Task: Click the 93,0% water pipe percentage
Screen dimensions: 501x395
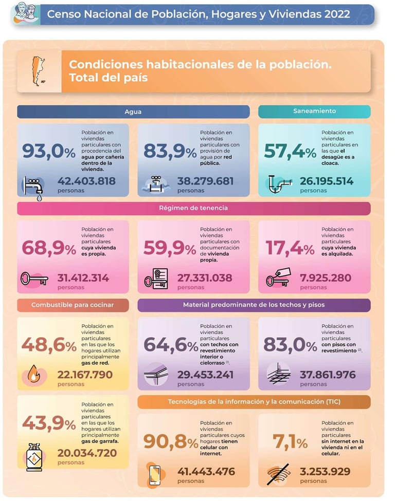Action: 49,151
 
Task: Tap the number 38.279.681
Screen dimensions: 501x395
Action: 205,181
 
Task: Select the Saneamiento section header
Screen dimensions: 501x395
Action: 314,111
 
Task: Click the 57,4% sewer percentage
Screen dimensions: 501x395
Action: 290,151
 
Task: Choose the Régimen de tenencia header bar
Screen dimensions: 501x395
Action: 193,208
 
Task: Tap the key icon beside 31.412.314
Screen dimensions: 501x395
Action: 34,279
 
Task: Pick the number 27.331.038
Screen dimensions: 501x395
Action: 205,278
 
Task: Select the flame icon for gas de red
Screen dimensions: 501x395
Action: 33,376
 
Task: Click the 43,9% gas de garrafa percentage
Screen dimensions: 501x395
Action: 49,423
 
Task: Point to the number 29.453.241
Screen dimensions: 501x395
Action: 205,375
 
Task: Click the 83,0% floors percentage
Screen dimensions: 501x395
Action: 290,345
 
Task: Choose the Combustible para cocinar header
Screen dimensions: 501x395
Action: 73,305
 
